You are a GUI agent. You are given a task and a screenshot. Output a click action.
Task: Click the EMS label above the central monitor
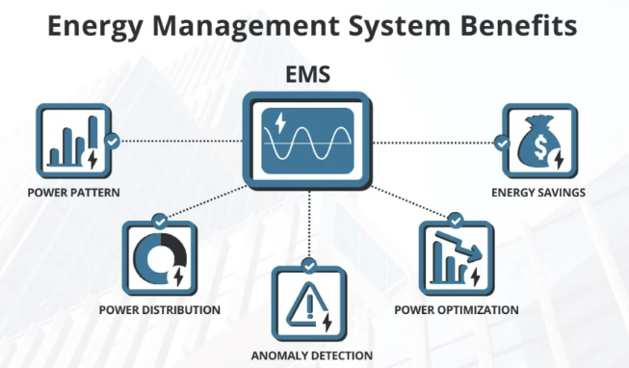(307, 74)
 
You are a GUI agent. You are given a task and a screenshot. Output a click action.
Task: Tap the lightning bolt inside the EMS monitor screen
(280, 122)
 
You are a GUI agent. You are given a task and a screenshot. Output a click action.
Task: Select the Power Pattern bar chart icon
(74, 142)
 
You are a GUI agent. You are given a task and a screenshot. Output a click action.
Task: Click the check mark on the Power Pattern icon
(112, 142)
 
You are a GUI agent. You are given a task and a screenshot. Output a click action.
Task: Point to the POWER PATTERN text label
(74, 193)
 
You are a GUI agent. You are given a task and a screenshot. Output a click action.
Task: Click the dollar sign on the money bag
(540, 146)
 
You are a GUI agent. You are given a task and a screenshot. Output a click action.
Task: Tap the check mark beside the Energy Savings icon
(502, 143)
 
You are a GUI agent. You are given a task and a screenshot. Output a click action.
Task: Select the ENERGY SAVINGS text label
(538, 193)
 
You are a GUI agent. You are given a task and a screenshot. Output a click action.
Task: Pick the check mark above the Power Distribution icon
(160, 222)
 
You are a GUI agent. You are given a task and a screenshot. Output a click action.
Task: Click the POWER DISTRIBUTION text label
(160, 310)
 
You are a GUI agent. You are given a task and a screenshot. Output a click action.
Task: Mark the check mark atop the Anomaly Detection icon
(309, 266)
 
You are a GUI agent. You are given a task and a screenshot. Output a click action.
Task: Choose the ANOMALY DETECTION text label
(312, 355)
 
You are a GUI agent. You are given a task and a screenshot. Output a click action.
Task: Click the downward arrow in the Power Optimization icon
(459, 246)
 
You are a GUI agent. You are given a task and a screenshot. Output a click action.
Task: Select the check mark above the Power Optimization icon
(456, 221)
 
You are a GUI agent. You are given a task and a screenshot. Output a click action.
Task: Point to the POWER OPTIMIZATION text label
(457, 310)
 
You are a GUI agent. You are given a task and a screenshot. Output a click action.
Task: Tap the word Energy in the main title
(95, 26)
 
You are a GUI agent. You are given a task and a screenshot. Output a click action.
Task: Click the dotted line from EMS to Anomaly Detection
(309, 223)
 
